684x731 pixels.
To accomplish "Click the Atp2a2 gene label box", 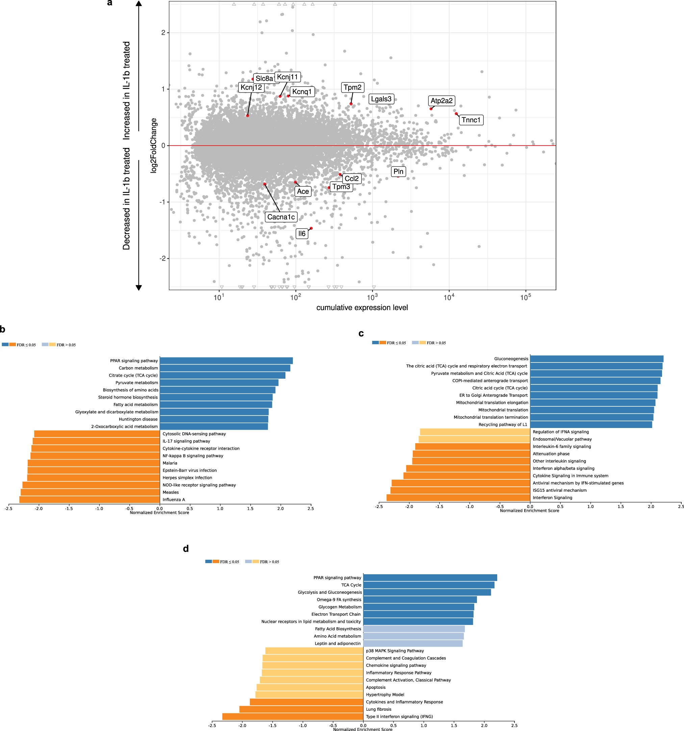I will [x=441, y=101].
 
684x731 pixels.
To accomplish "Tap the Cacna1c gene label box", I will [x=281, y=217].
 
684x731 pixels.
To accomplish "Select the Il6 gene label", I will [x=302, y=233].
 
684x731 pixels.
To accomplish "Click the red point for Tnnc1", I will [x=456, y=114].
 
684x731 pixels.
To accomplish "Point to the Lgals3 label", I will [x=381, y=99].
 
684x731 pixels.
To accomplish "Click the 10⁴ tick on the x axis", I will [x=449, y=297].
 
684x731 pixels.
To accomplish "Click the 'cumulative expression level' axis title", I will [x=362, y=307].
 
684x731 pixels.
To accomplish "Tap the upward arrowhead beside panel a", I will [x=138, y=4].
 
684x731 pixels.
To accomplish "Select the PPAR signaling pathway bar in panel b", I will [x=226, y=361].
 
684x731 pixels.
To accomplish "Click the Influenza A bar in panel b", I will [x=90, y=499].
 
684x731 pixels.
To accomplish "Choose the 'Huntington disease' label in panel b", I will [x=138, y=419].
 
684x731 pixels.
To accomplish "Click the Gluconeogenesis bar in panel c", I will [x=597, y=358].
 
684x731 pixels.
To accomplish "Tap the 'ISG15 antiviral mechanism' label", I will [x=559, y=490].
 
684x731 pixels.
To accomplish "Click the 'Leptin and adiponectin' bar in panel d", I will [x=413, y=644].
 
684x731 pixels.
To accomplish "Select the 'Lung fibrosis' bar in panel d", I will [x=301, y=709].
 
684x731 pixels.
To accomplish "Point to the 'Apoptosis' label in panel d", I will [x=376, y=687].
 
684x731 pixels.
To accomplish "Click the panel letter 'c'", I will [x=361, y=333].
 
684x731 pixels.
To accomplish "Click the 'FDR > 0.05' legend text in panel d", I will [x=269, y=562].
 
